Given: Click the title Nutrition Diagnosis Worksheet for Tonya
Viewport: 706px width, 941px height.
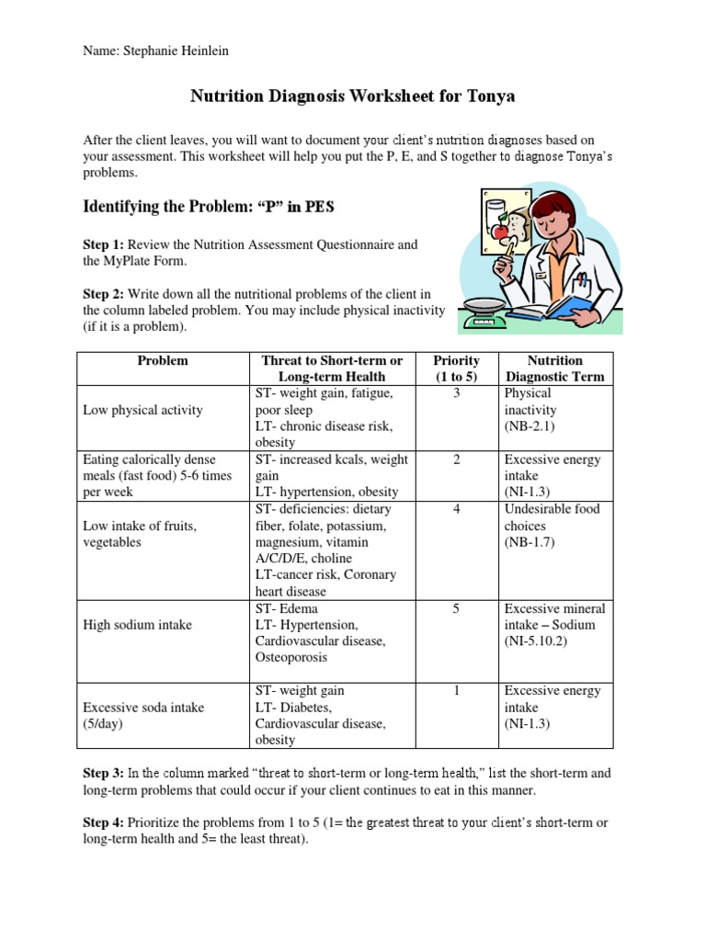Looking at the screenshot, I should pyautogui.click(x=352, y=96).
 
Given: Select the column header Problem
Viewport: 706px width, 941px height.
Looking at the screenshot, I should pyautogui.click(x=162, y=360).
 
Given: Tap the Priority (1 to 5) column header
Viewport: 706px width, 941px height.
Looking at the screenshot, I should pyautogui.click(x=456, y=368).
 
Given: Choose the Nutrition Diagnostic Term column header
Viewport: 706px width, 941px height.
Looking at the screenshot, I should pyautogui.click(x=554, y=368).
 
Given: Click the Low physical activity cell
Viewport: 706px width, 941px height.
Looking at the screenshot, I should pyautogui.click(x=142, y=410).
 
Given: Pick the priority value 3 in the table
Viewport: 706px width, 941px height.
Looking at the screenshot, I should pyautogui.click(x=456, y=393).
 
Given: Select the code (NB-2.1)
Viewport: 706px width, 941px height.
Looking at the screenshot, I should pyautogui.click(x=529, y=426).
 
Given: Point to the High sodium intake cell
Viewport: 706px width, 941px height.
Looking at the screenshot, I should pyautogui.click(x=137, y=625).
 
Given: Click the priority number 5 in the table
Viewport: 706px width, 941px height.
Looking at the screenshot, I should pyautogui.click(x=456, y=608).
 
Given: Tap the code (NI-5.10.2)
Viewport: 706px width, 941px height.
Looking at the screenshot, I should pyautogui.click(x=536, y=641).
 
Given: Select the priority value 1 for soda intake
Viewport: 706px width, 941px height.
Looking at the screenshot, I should pyautogui.click(x=456, y=691).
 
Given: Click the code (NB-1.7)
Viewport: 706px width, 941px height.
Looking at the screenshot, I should pyautogui.click(x=529, y=542).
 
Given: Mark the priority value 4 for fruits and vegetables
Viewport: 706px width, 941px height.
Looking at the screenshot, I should pyautogui.click(x=456, y=509).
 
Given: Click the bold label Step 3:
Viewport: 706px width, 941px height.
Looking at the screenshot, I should pyautogui.click(x=104, y=774).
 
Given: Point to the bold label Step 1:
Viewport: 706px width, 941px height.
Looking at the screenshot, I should pyautogui.click(x=104, y=244).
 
